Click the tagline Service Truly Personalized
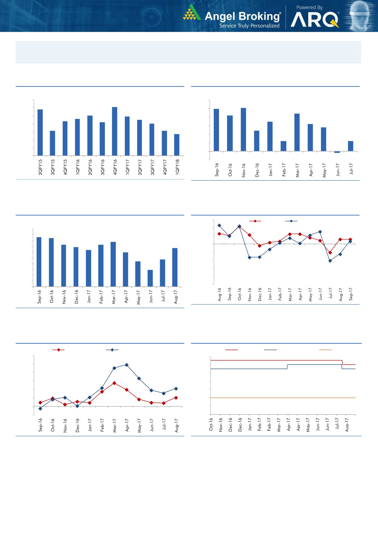tap(249, 26)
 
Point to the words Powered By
tap(309, 8)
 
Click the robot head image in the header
tap(361, 16)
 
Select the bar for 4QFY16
tap(115, 131)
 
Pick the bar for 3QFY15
tap(52, 143)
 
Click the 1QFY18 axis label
tap(177, 167)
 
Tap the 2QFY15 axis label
tap(40, 167)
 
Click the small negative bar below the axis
tap(337, 152)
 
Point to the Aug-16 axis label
tap(219, 295)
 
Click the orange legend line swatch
tap(325, 350)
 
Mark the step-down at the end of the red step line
tap(342, 362)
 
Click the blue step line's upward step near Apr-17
tap(287, 367)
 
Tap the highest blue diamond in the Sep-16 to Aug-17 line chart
tap(127, 365)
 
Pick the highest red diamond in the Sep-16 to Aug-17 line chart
tap(114, 383)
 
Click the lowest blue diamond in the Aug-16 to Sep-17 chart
tap(330, 261)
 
